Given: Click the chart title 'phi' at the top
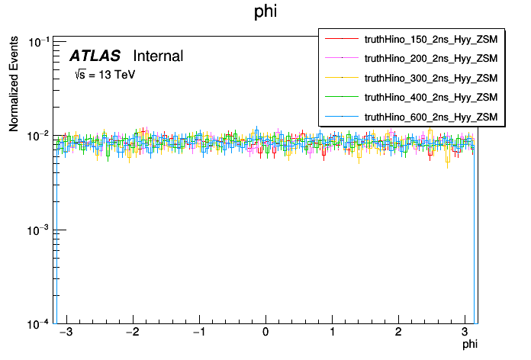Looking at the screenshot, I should [265, 13].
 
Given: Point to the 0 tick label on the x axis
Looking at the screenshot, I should [265, 333].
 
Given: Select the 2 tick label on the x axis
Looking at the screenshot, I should [398, 333].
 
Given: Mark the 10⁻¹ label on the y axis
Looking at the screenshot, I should [40, 41].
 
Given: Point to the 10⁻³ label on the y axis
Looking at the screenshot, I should [40, 230].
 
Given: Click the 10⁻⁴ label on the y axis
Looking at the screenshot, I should [40, 323].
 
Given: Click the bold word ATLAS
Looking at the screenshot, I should [95, 56].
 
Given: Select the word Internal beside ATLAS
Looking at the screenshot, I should [158, 56].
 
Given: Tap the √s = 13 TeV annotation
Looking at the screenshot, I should [105, 75].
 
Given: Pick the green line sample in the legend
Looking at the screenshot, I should [342, 97].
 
